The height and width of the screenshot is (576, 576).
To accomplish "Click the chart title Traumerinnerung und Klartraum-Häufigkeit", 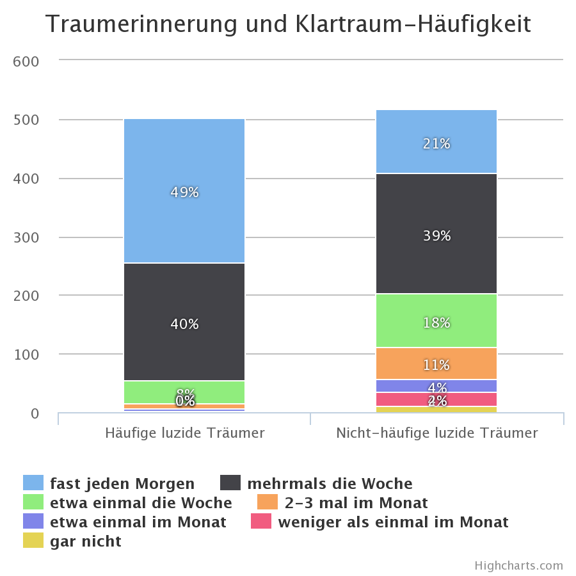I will [288, 25].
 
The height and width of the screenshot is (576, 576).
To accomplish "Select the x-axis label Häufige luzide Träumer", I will [184, 433].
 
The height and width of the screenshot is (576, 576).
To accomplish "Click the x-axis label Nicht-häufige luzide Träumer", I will [437, 433].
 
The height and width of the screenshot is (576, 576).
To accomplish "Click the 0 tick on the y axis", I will [35, 413].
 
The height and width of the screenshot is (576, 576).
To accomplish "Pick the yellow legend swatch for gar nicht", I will [33, 541].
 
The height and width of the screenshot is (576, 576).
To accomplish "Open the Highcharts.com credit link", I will [519, 565].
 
